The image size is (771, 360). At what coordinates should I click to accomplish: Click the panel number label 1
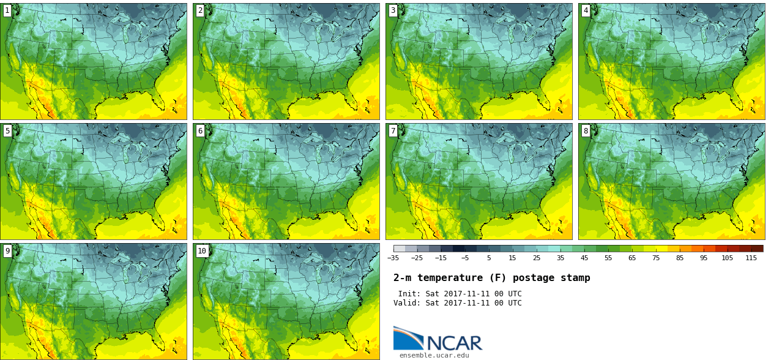pos(7,10)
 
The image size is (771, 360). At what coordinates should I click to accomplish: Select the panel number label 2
pos(200,10)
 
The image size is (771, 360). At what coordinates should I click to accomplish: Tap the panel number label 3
pos(393,10)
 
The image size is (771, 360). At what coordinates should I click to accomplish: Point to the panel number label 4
pos(586,10)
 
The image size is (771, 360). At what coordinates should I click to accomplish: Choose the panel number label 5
pos(7,130)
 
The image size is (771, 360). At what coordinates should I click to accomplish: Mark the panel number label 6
pos(200,130)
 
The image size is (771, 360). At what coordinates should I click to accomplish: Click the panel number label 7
pos(393,130)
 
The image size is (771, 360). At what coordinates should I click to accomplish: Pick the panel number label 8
pos(586,130)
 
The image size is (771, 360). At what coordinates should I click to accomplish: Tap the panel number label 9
pos(7,250)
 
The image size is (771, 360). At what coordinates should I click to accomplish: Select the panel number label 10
pos(202,250)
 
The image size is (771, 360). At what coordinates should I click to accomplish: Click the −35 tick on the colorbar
pos(393,258)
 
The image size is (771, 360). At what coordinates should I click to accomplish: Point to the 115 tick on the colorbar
pos(751,258)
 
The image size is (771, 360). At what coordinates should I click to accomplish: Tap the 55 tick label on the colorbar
pos(608,258)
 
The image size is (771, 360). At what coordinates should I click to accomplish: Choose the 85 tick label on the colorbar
pos(680,258)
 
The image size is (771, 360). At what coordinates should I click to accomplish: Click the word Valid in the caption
pos(406,303)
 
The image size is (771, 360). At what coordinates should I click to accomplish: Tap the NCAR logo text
pos(454,343)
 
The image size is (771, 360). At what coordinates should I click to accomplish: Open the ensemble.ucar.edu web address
pos(434,355)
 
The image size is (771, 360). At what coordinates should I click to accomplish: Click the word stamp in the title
pos(575,278)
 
